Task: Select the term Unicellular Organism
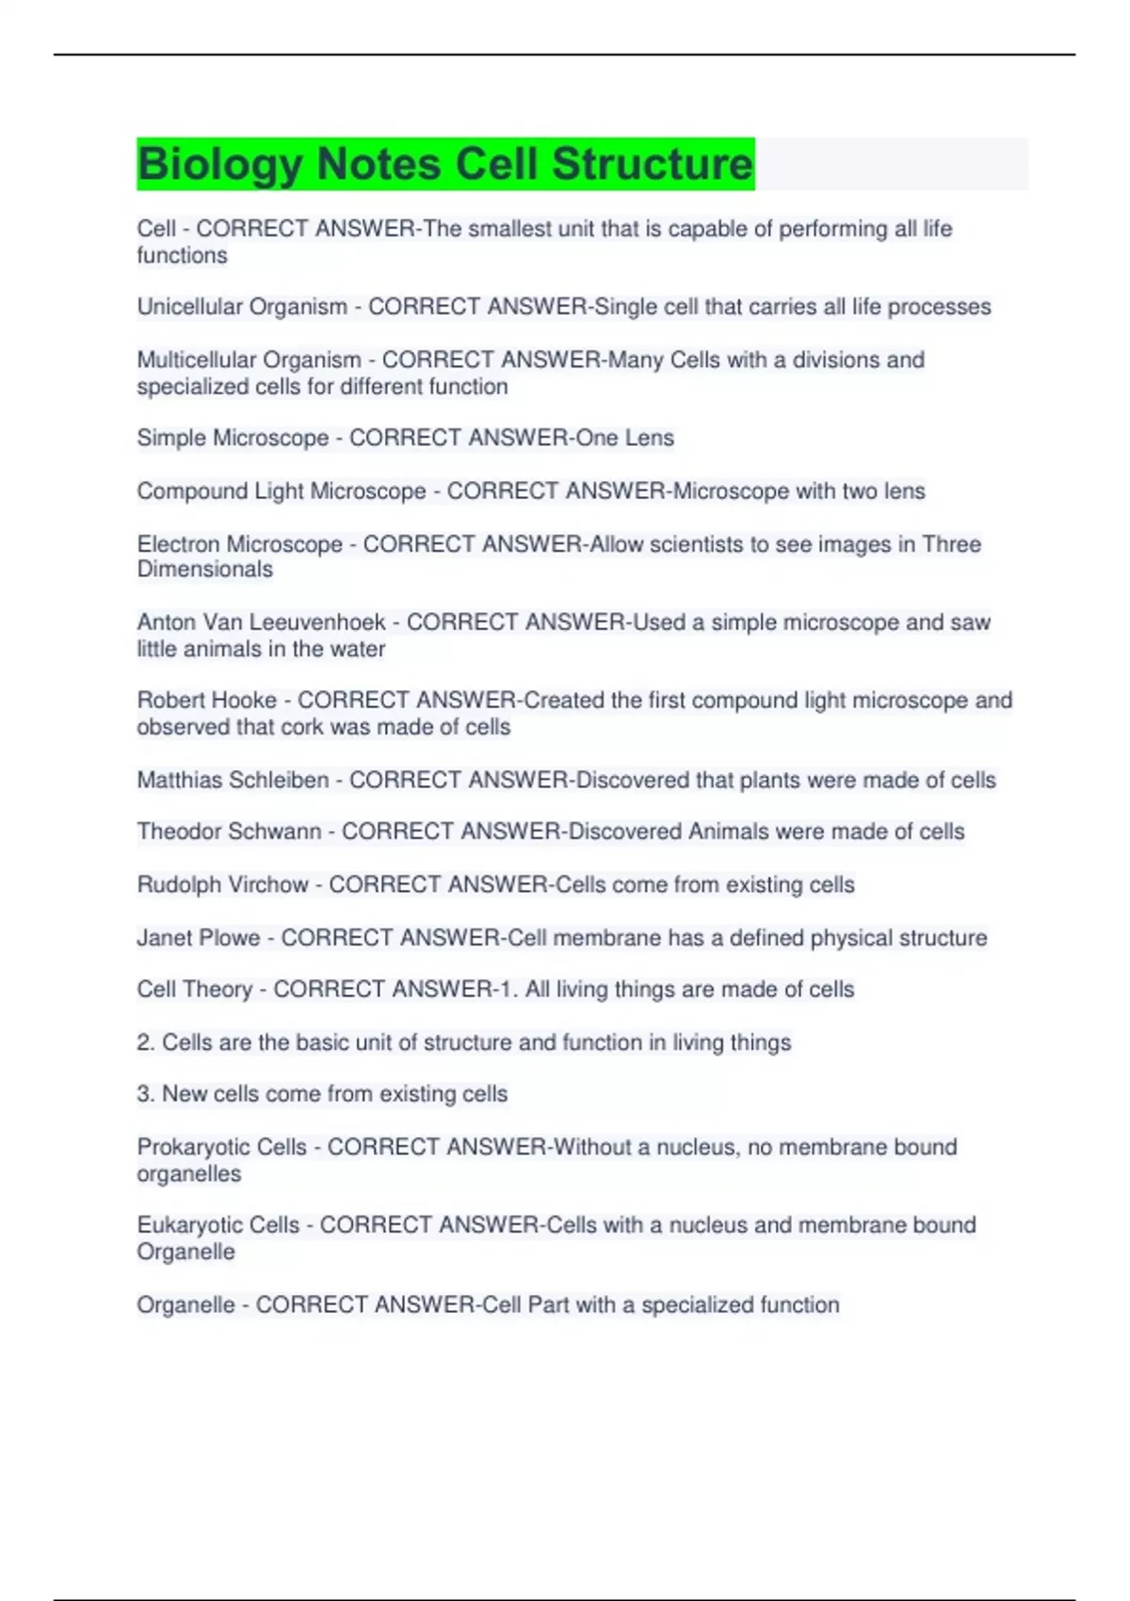point(242,307)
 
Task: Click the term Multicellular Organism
point(249,360)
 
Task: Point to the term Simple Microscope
point(233,438)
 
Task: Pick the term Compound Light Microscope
point(281,491)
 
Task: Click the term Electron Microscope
point(239,544)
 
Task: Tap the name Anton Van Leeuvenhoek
point(261,623)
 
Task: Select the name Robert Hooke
point(207,701)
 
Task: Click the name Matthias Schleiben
point(233,780)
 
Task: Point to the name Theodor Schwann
point(229,832)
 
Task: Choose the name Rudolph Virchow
point(222,884)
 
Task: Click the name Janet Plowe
point(198,938)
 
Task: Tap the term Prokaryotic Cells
point(221,1147)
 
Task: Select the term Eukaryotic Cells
point(218,1225)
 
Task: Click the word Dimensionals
point(204,570)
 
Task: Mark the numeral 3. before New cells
point(146,1094)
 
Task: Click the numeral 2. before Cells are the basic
point(146,1043)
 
